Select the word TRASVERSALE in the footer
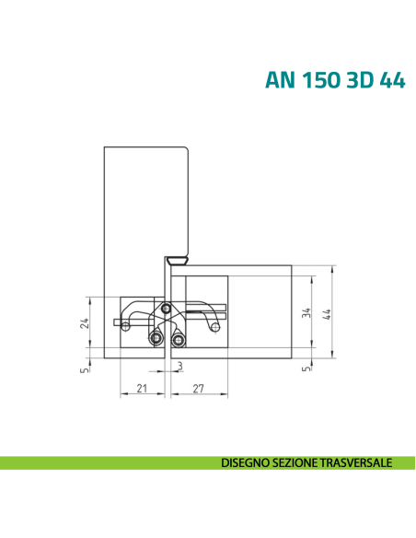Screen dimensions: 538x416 (356, 461)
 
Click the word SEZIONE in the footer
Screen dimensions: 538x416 (295, 461)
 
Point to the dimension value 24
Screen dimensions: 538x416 (83, 323)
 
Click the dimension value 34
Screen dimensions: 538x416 (306, 314)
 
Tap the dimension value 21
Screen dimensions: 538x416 (142, 389)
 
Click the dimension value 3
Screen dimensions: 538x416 (179, 368)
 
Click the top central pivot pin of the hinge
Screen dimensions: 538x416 (166, 308)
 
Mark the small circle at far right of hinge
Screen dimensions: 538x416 (214, 324)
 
